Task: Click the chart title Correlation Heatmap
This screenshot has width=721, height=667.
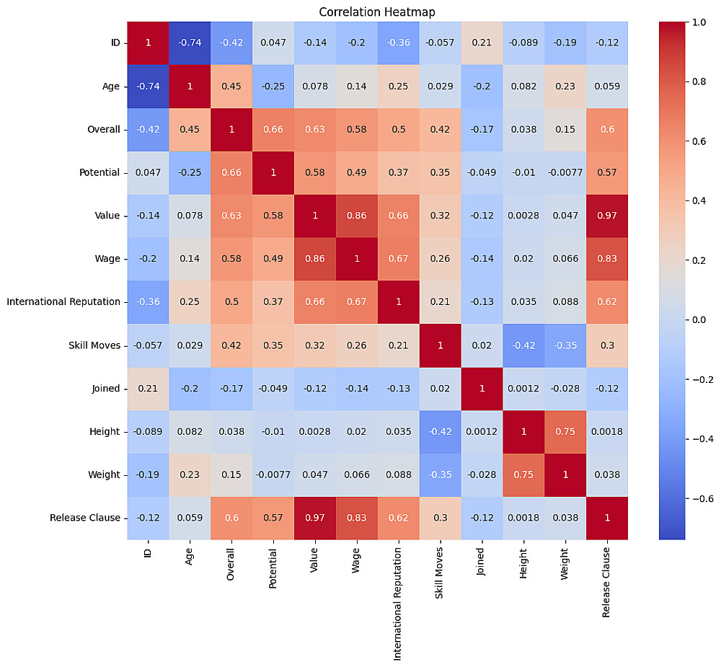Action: click(x=377, y=12)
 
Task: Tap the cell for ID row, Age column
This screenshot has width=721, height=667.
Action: click(x=190, y=42)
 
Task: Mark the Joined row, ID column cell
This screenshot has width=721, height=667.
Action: click(x=148, y=388)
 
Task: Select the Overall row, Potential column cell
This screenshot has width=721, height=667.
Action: click(x=273, y=128)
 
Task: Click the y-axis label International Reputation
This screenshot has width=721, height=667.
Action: click(x=63, y=301)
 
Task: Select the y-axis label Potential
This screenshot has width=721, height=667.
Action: click(x=99, y=172)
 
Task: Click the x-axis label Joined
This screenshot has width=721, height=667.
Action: click(x=482, y=560)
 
